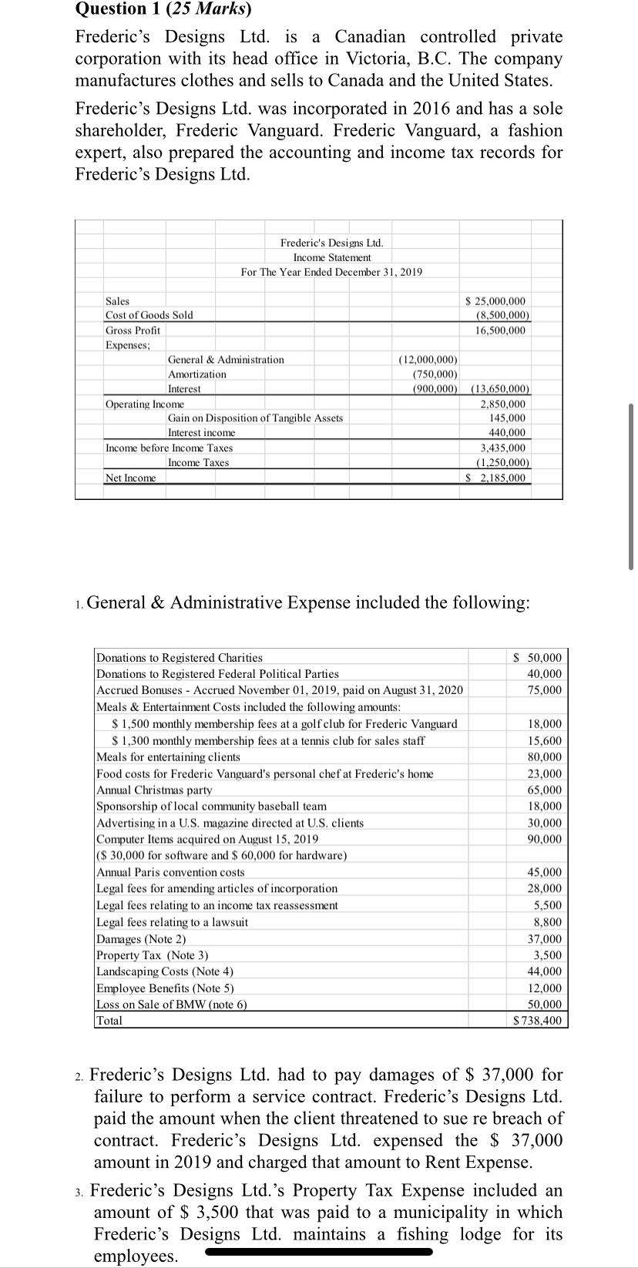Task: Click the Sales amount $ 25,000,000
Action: coord(497,301)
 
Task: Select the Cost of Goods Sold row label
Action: coord(149,315)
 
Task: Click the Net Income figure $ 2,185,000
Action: coord(498,478)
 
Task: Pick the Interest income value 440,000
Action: coord(507,433)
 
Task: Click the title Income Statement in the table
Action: coord(331,257)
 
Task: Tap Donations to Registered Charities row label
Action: coord(179,658)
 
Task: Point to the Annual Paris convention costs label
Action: coord(170,873)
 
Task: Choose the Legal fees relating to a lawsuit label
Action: coord(172,922)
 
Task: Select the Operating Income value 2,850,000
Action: coord(502,404)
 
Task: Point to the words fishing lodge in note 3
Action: coord(439,1234)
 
